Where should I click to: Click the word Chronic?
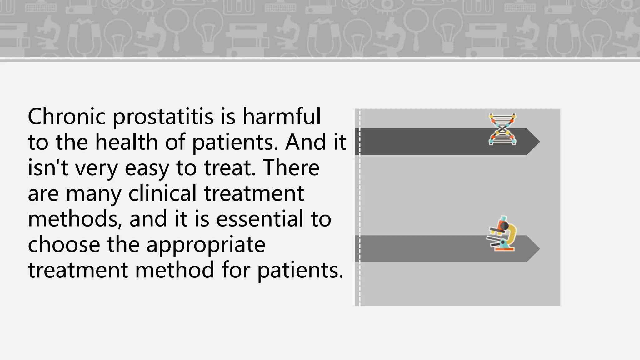(67, 116)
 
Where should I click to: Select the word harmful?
(282, 116)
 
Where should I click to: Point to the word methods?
(75, 219)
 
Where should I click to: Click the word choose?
(64, 244)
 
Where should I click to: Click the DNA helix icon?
(502, 129)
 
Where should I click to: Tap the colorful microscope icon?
(501, 234)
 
